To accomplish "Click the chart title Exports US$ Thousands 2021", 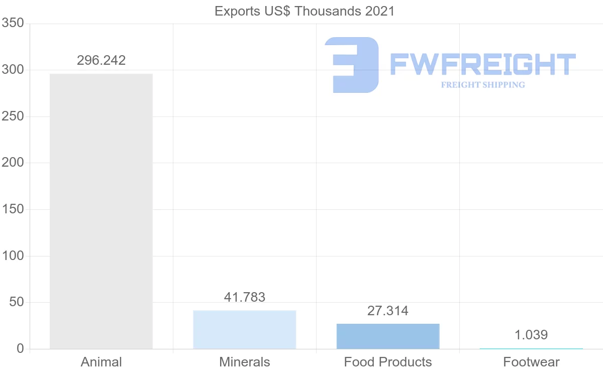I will (305, 11).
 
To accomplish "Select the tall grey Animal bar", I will (101, 211).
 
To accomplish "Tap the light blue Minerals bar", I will (245, 329).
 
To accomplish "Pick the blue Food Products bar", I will (388, 336).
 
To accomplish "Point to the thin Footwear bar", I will (531, 348).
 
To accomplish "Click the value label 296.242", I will (101, 61).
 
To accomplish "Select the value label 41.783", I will (245, 297).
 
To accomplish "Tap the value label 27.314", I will (388, 311).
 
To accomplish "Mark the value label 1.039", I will (531, 335).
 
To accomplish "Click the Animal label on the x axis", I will (101, 362).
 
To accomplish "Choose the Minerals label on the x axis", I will (245, 362).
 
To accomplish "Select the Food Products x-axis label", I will (388, 362).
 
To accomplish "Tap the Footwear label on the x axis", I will (531, 362).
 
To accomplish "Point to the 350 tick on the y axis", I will (13, 23).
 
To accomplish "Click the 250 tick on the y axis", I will (13, 116).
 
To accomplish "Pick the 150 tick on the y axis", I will (13, 209).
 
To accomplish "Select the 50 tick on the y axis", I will (16, 302).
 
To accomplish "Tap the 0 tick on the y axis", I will (20, 349).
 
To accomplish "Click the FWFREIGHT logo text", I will (482, 65).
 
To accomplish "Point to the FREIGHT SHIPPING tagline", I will (482, 85).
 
